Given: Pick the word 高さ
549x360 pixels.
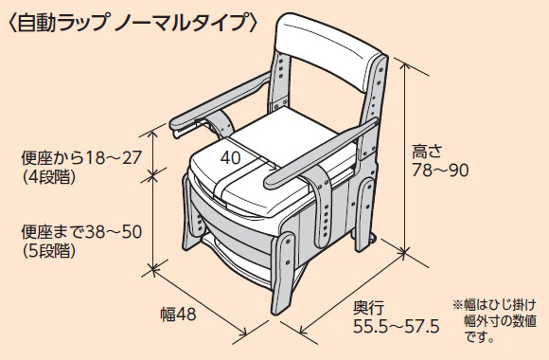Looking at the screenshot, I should point(427,150).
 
